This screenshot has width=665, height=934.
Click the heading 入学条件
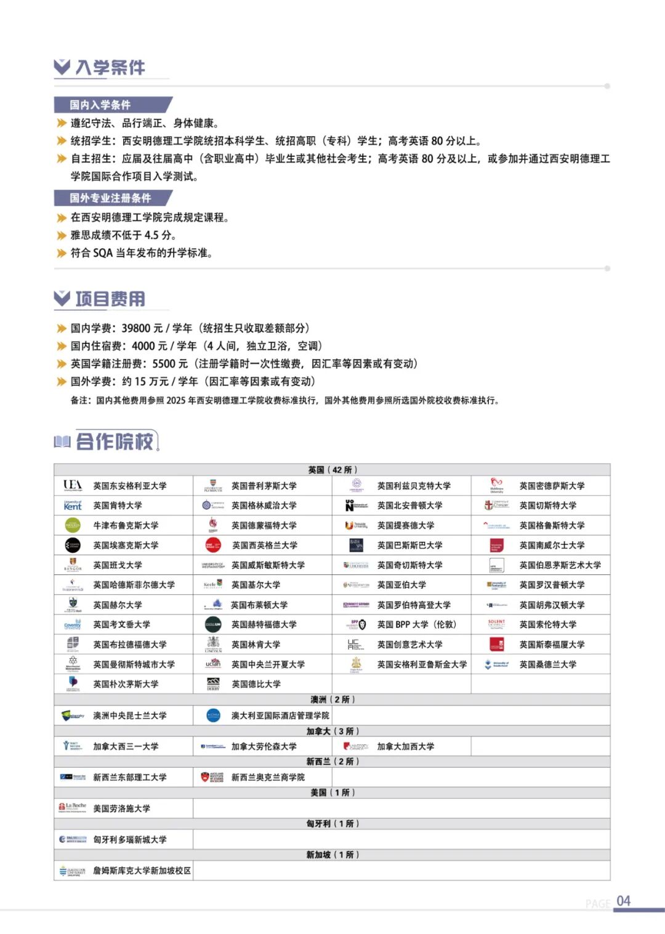110,67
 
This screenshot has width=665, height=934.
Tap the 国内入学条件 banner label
100,105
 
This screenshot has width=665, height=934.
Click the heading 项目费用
110,299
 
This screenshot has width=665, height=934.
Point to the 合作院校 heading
115,441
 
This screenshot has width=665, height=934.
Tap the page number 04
623,901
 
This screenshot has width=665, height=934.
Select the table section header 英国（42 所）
332,470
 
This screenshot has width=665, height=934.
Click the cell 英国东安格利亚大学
130,486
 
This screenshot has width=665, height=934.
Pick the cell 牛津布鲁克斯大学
126,525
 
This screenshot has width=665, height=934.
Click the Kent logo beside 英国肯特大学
73,505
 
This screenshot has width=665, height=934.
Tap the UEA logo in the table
73,486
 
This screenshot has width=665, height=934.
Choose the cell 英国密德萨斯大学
552,486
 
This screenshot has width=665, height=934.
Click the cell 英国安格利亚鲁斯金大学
422,664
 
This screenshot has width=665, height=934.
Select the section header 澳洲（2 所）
332,699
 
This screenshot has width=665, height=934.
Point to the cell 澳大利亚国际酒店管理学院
280,715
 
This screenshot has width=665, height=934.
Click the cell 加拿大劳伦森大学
264,746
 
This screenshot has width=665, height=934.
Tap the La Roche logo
73,807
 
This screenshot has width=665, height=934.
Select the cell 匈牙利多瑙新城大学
129,839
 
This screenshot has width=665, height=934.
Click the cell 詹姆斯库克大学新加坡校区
142,871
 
